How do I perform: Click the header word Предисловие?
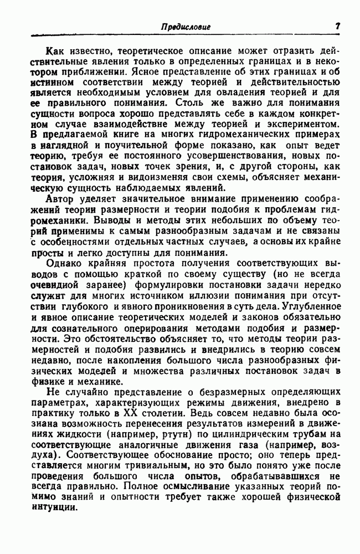185,26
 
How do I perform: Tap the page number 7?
337,25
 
